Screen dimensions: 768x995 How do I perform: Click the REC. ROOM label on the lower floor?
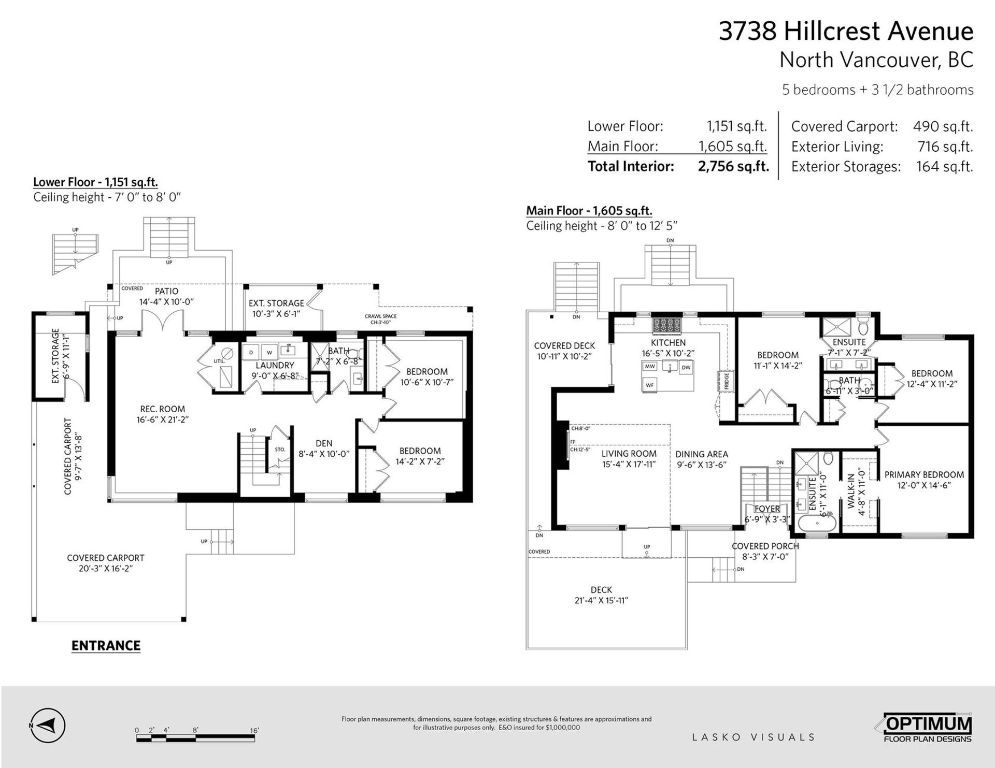tap(162, 409)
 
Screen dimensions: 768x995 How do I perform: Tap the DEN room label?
tap(324, 443)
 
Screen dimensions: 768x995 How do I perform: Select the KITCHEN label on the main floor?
tap(668, 343)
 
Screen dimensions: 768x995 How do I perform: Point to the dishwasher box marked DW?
tap(686, 368)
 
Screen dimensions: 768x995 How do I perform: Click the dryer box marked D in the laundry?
tap(251, 352)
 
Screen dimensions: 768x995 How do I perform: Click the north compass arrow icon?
tap(47, 724)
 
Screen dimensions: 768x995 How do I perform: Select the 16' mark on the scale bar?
tap(254, 731)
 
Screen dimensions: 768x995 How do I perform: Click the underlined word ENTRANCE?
tap(106, 646)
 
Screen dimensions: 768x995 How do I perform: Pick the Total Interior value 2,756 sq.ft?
tap(733, 166)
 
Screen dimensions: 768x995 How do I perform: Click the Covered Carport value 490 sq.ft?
tap(943, 126)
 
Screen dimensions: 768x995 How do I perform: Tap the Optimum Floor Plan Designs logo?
tap(927, 728)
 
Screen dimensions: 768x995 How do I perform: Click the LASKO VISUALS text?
tap(754, 737)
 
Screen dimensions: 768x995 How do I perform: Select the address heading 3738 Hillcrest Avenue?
tap(846, 31)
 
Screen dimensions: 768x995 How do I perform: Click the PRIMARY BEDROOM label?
tap(924, 474)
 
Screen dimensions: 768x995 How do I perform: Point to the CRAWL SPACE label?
tap(380, 316)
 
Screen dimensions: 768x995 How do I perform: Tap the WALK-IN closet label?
tap(851, 487)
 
